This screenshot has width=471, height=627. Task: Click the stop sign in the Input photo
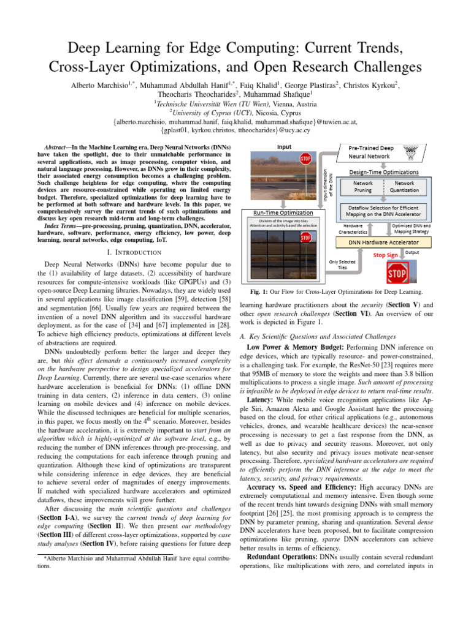305,159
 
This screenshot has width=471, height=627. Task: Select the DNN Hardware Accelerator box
384,242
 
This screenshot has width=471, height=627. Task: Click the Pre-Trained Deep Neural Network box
380,152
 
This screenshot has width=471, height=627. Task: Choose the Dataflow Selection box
384,211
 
